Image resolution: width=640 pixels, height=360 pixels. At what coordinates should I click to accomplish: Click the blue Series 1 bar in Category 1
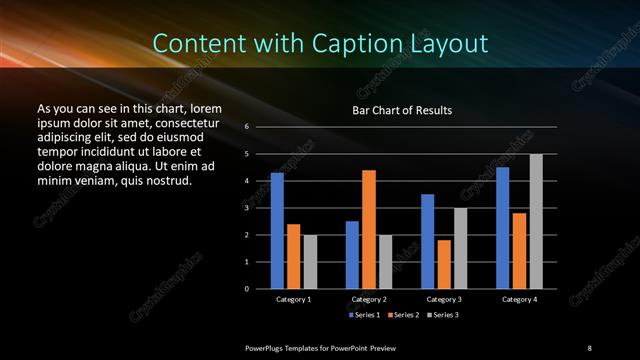(277, 231)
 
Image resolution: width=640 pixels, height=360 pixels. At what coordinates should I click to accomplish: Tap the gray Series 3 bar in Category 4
(536, 221)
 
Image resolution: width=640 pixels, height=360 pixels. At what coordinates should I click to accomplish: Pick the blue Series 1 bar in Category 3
(428, 241)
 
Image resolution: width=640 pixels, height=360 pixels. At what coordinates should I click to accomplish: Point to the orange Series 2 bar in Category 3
(444, 264)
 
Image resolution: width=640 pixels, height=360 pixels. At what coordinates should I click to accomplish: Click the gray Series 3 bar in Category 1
(310, 262)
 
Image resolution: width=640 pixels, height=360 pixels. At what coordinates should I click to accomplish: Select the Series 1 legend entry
(364, 315)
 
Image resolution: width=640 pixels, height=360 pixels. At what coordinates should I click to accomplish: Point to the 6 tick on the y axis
(247, 127)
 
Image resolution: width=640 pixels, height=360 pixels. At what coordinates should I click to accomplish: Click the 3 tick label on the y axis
(247, 208)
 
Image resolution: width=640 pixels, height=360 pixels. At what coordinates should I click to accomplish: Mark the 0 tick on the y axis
(247, 289)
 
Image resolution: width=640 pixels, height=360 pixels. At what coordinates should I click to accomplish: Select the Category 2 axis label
(369, 299)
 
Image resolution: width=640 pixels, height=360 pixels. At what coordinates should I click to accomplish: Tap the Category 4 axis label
(519, 299)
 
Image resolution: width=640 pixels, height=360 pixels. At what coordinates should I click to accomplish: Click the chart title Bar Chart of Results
(403, 110)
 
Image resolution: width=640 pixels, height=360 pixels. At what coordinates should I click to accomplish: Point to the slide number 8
(589, 347)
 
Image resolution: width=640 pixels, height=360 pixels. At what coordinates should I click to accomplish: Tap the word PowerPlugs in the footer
(268, 347)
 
